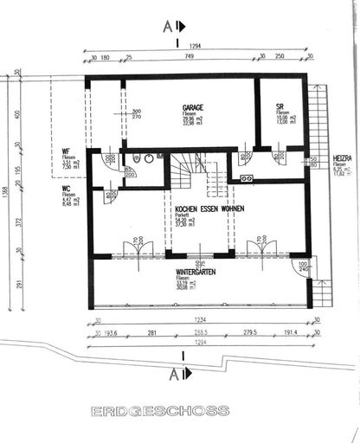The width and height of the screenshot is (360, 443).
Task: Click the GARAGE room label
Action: [x=193, y=107]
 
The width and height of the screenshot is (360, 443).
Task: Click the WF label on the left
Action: [x=66, y=152]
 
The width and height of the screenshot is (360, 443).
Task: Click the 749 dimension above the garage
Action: [x=187, y=57]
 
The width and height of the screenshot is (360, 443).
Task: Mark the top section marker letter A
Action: [x=168, y=26]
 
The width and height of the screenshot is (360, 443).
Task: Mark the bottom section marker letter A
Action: [x=174, y=374]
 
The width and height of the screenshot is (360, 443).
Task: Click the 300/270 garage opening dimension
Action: [x=136, y=113]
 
